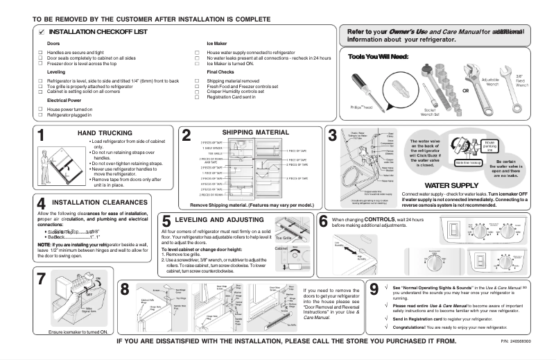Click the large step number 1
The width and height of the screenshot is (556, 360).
[42, 136]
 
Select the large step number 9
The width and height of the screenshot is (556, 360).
[374, 288]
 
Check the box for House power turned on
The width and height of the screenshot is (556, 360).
[40, 109]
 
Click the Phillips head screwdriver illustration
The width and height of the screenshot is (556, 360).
[367, 88]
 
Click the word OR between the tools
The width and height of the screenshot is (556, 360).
[465, 91]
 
